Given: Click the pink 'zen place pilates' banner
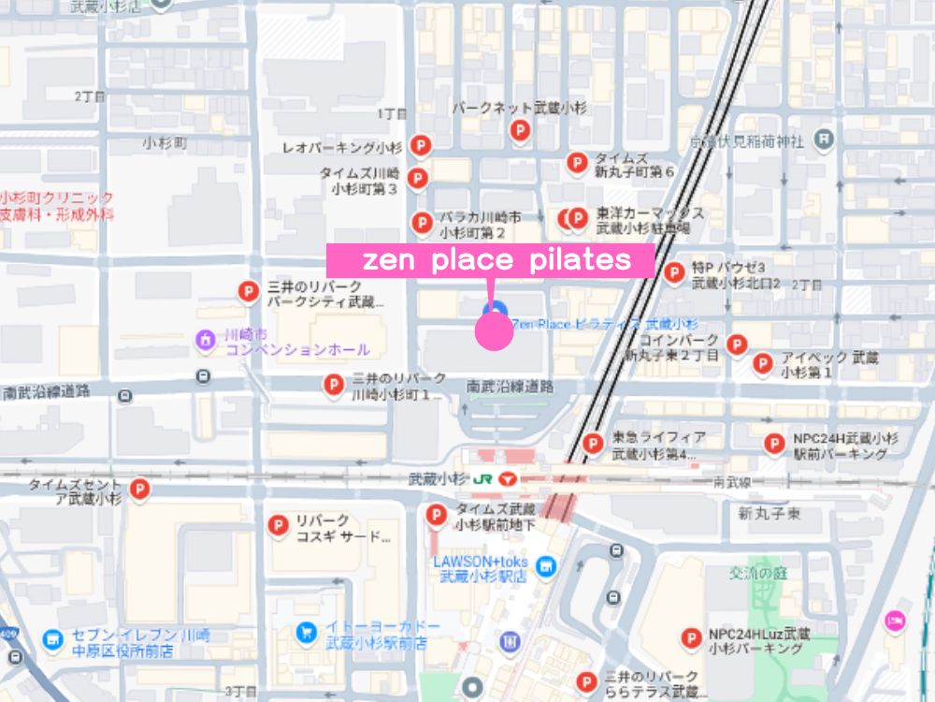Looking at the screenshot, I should (490, 260).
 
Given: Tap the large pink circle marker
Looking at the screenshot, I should (495, 331).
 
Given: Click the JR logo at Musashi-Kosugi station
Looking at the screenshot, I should (483, 477).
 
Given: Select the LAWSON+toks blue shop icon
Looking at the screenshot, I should (546, 565).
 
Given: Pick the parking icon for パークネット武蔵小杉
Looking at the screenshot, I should (520, 131).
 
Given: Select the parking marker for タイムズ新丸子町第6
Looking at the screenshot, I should (578, 162).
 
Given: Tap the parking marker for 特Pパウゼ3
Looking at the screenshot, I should (674, 271).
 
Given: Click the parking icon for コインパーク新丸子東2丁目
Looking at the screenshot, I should (737, 344).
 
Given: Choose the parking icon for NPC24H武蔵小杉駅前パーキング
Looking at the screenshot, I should (774, 443).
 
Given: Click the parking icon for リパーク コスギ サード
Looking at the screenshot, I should (277, 526).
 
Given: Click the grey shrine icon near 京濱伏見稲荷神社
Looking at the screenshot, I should (824, 140).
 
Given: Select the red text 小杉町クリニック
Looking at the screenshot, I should (58, 197).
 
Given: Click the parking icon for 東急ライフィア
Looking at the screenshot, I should (592, 443).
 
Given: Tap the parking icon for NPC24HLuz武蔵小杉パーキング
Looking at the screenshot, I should (691, 637).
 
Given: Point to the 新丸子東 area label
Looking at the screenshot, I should (769, 513).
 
